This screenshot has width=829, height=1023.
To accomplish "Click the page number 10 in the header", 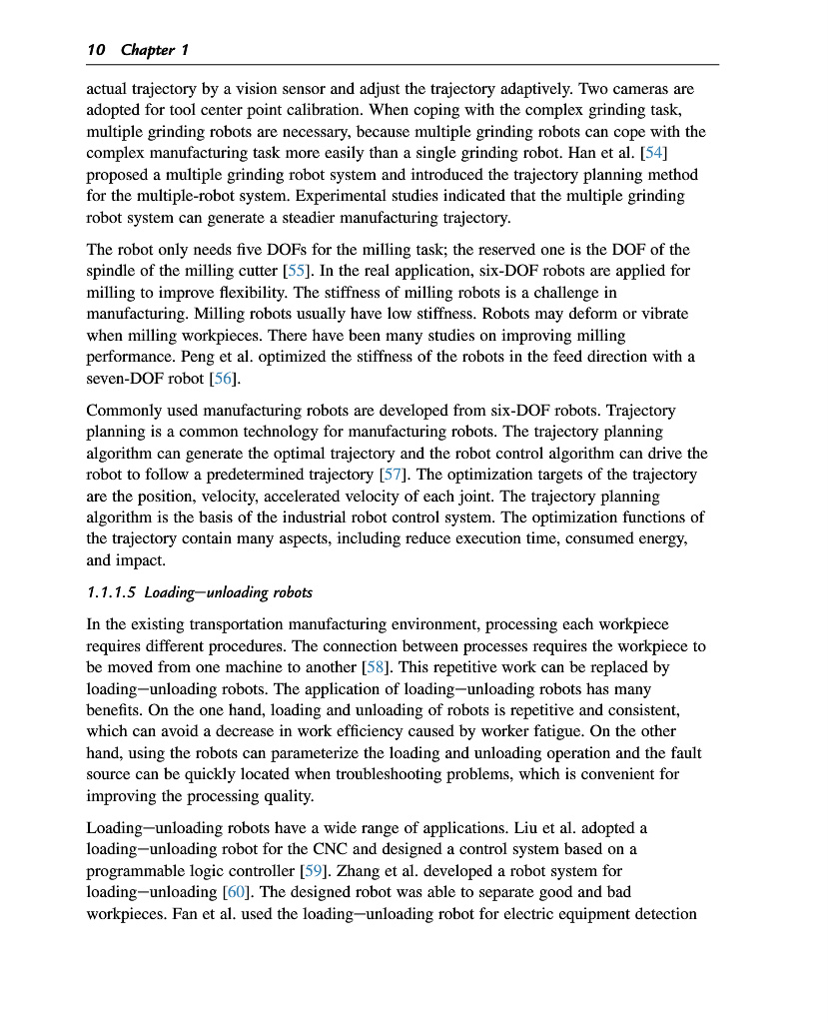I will pos(97,50).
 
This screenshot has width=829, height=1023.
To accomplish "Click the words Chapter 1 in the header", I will pos(154,50).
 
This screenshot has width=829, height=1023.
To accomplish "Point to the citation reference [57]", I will pos(392,475).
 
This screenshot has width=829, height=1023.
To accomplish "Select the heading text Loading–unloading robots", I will pos(228,592).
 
